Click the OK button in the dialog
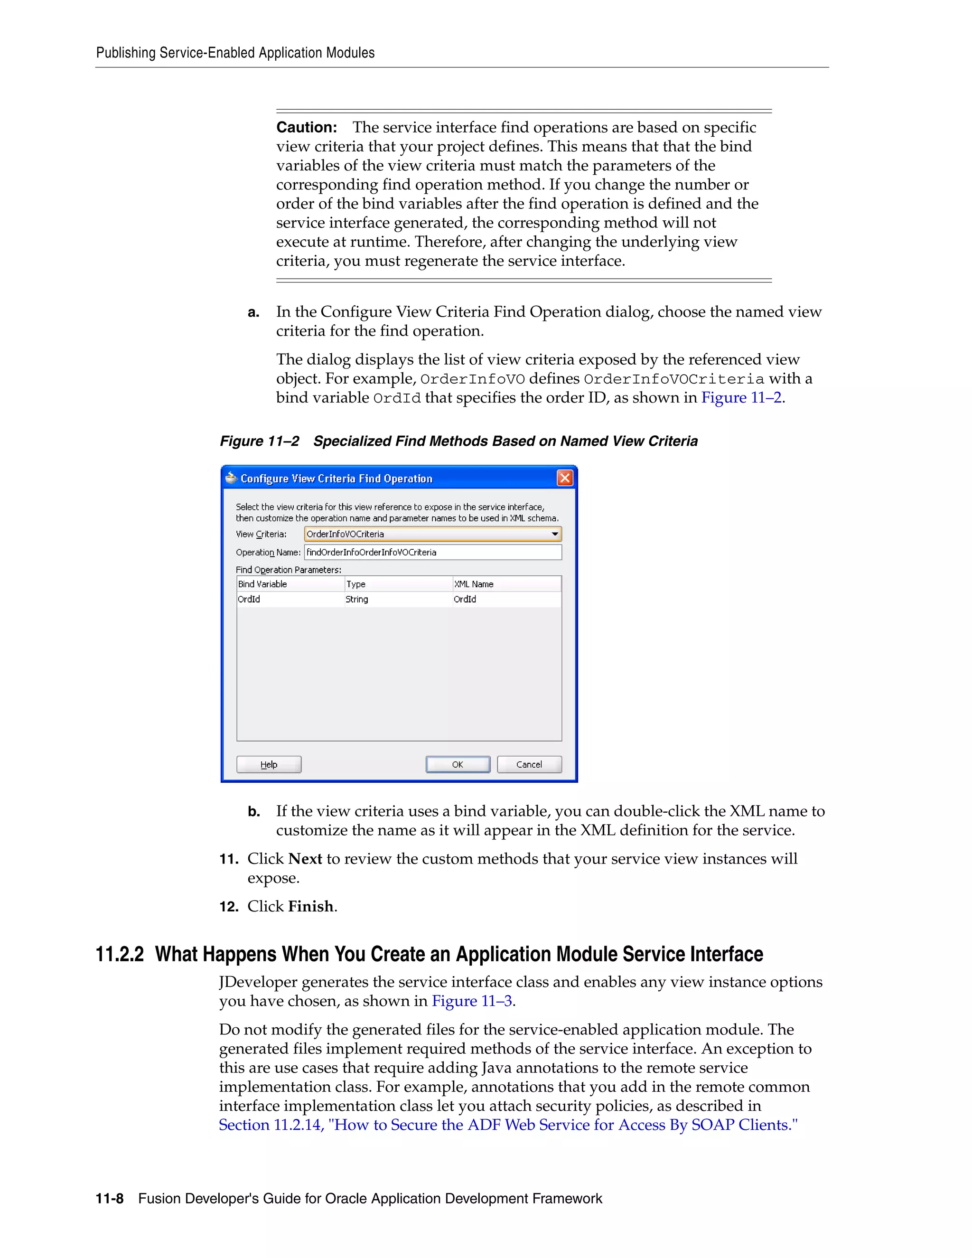[458, 764]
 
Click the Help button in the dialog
[269, 764]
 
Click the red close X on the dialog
[565, 478]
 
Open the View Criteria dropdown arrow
[554, 534]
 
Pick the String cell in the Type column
[357, 599]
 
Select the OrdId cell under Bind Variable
[249, 599]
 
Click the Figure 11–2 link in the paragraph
[741, 397]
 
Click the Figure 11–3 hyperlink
[472, 1001]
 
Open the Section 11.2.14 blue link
[508, 1124]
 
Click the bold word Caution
[306, 127]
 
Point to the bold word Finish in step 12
[311, 906]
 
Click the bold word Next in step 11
[305, 859]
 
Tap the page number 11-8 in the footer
[110, 1199]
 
